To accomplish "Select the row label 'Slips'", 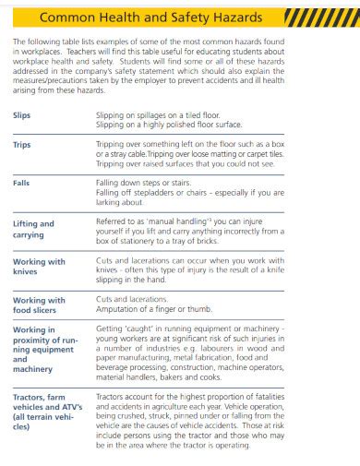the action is [x=21, y=114].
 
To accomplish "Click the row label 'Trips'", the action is [x=21, y=145].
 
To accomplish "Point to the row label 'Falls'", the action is [x=21, y=184].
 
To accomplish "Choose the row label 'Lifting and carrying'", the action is [x=33, y=228].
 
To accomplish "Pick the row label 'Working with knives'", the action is [x=39, y=267].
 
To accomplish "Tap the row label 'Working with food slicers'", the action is [x=39, y=305].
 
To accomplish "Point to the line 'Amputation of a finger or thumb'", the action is [x=153, y=309].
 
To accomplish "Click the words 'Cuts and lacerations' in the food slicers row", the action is [x=131, y=299].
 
